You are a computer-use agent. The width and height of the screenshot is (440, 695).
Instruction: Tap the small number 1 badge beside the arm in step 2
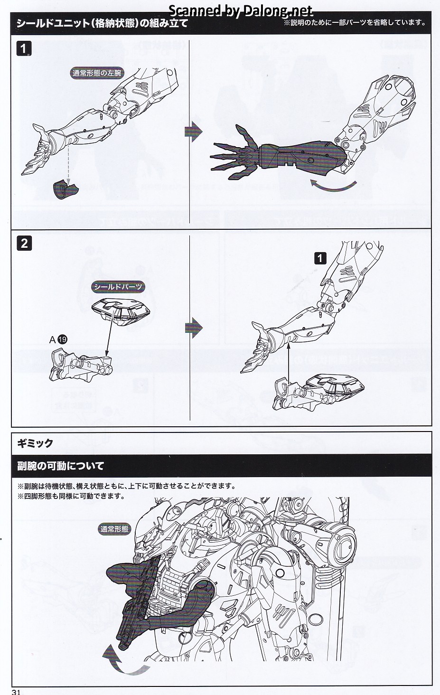tap(320, 258)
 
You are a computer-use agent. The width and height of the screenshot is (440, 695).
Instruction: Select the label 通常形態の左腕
tap(96, 73)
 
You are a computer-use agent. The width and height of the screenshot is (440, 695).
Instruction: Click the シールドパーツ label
tap(117, 287)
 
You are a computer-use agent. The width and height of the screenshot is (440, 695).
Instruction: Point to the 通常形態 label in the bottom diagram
tap(114, 529)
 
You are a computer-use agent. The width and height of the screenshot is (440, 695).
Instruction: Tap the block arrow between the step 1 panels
tap(193, 131)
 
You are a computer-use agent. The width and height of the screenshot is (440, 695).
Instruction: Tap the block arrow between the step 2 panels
tap(193, 327)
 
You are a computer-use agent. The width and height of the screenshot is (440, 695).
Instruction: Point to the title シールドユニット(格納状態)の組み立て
tap(102, 23)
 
